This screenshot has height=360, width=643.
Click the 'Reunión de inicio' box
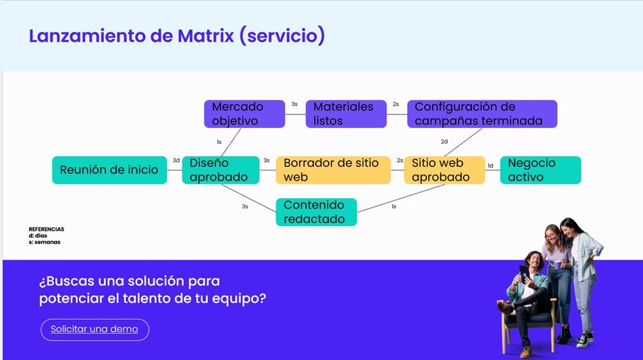(109, 170)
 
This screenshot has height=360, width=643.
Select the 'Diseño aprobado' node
(221, 170)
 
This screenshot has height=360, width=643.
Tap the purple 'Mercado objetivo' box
(244, 114)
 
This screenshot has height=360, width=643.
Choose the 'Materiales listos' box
(345, 114)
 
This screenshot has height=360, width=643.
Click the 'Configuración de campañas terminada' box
(482, 114)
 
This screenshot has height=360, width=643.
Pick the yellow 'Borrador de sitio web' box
(332, 170)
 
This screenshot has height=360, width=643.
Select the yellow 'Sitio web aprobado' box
(444, 170)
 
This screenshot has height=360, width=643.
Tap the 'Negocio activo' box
(540, 170)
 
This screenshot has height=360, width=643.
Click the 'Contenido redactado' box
(316, 212)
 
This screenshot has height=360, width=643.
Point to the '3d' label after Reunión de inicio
(176, 160)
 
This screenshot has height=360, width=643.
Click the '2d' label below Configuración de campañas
(444, 141)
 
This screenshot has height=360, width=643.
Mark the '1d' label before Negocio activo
(490, 166)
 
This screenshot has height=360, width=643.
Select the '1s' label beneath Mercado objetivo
(219, 142)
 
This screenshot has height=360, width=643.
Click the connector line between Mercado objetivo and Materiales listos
(294, 114)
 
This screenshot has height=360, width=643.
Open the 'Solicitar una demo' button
(95, 329)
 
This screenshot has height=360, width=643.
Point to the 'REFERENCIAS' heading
(46, 230)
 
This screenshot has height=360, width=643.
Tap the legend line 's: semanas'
(44, 242)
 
